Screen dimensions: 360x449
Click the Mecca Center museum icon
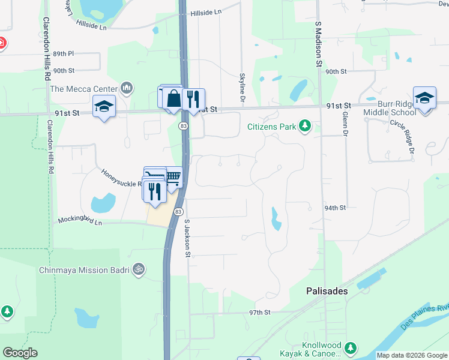[x=126, y=88]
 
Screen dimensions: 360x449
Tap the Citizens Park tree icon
[x=306, y=126]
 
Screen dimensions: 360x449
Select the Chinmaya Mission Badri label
[x=84, y=270]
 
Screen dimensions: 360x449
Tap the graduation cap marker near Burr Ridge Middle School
[x=424, y=97]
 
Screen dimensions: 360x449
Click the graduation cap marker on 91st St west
[x=104, y=107]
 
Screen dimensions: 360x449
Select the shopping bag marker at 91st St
[x=173, y=98]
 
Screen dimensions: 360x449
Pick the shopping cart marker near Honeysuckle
[x=173, y=177]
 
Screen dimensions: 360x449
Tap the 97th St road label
[x=261, y=313]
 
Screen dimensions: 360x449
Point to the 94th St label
[x=336, y=208]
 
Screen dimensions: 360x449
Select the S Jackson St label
[x=187, y=238]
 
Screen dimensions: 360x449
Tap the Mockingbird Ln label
[x=80, y=221]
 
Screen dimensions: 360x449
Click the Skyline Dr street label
[x=242, y=83]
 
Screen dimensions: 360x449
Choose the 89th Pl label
[x=63, y=53]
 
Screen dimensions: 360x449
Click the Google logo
[x=20, y=353]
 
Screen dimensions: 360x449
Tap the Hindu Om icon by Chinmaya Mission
[x=139, y=269]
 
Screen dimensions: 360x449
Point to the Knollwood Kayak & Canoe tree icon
[x=351, y=347]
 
